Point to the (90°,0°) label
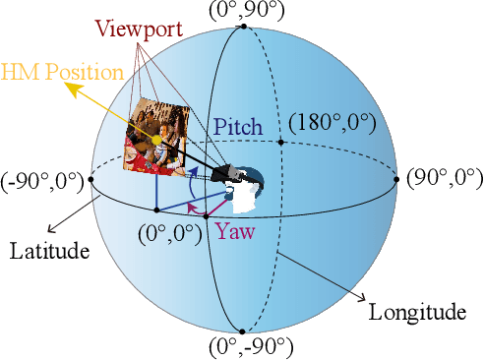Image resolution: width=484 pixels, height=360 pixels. (x=445, y=178)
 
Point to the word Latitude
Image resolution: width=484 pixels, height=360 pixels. (x=49, y=252)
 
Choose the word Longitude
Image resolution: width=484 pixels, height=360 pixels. (x=416, y=314)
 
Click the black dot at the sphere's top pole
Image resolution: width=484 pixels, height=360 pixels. (x=244, y=27)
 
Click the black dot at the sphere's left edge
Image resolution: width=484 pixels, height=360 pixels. (x=91, y=179)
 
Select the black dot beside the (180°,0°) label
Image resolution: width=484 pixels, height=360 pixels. (x=281, y=142)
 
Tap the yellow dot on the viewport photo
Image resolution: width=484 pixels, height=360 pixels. (x=156, y=142)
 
